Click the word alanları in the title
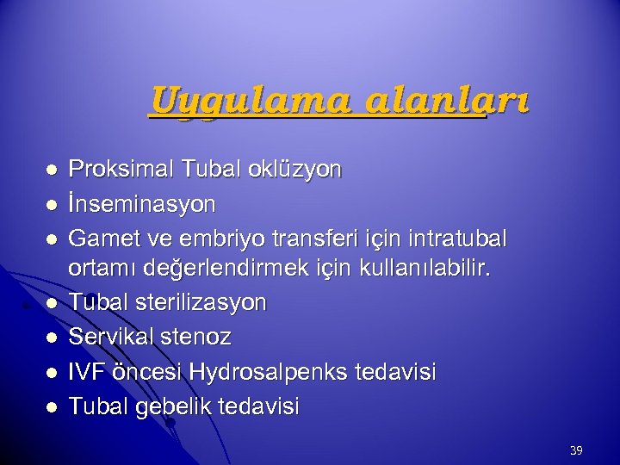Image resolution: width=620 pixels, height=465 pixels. (446, 102)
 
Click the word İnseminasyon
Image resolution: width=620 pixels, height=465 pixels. (142, 204)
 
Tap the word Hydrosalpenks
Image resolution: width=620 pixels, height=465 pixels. (272, 371)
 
